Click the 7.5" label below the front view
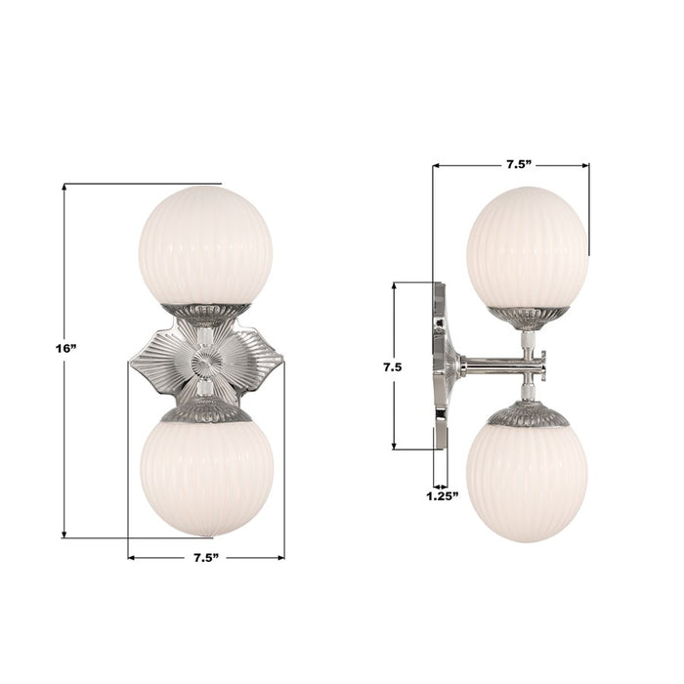click(x=204, y=557)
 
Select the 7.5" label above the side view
click(x=519, y=164)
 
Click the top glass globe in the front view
click(x=205, y=245)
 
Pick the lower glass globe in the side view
click(x=527, y=482)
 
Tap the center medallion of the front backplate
click(x=205, y=363)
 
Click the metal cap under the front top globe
click(x=205, y=314)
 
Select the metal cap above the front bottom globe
click(x=205, y=413)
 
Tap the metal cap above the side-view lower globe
click(x=528, y=415)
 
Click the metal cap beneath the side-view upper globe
click(x=528, y=316)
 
